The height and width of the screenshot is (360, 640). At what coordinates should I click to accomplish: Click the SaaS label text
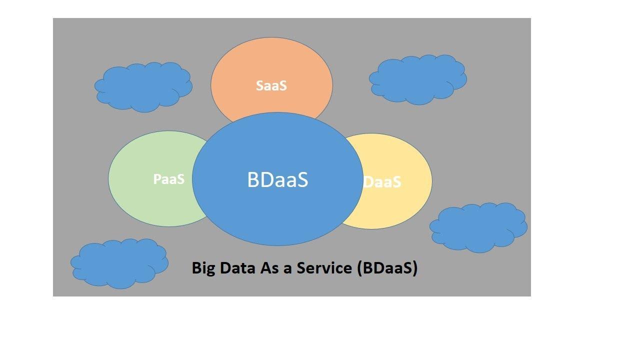271,85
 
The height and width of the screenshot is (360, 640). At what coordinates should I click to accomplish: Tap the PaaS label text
168,179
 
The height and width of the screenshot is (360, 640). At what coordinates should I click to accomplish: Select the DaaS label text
382,182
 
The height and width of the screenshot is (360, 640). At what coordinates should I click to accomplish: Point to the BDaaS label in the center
277,179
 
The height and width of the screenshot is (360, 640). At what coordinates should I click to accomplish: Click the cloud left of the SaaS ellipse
143,86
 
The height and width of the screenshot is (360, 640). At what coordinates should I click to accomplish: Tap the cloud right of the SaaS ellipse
418,79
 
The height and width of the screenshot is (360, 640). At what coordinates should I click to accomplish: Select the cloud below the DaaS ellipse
478,227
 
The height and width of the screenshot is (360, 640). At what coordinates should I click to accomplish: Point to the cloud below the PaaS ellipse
119,263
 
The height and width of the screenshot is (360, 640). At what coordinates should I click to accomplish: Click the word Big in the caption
204,268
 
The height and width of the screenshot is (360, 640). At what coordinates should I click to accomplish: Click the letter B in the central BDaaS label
253,179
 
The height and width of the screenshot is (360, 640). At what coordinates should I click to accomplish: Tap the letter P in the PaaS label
157,179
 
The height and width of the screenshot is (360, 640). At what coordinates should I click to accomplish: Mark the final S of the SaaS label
282,85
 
